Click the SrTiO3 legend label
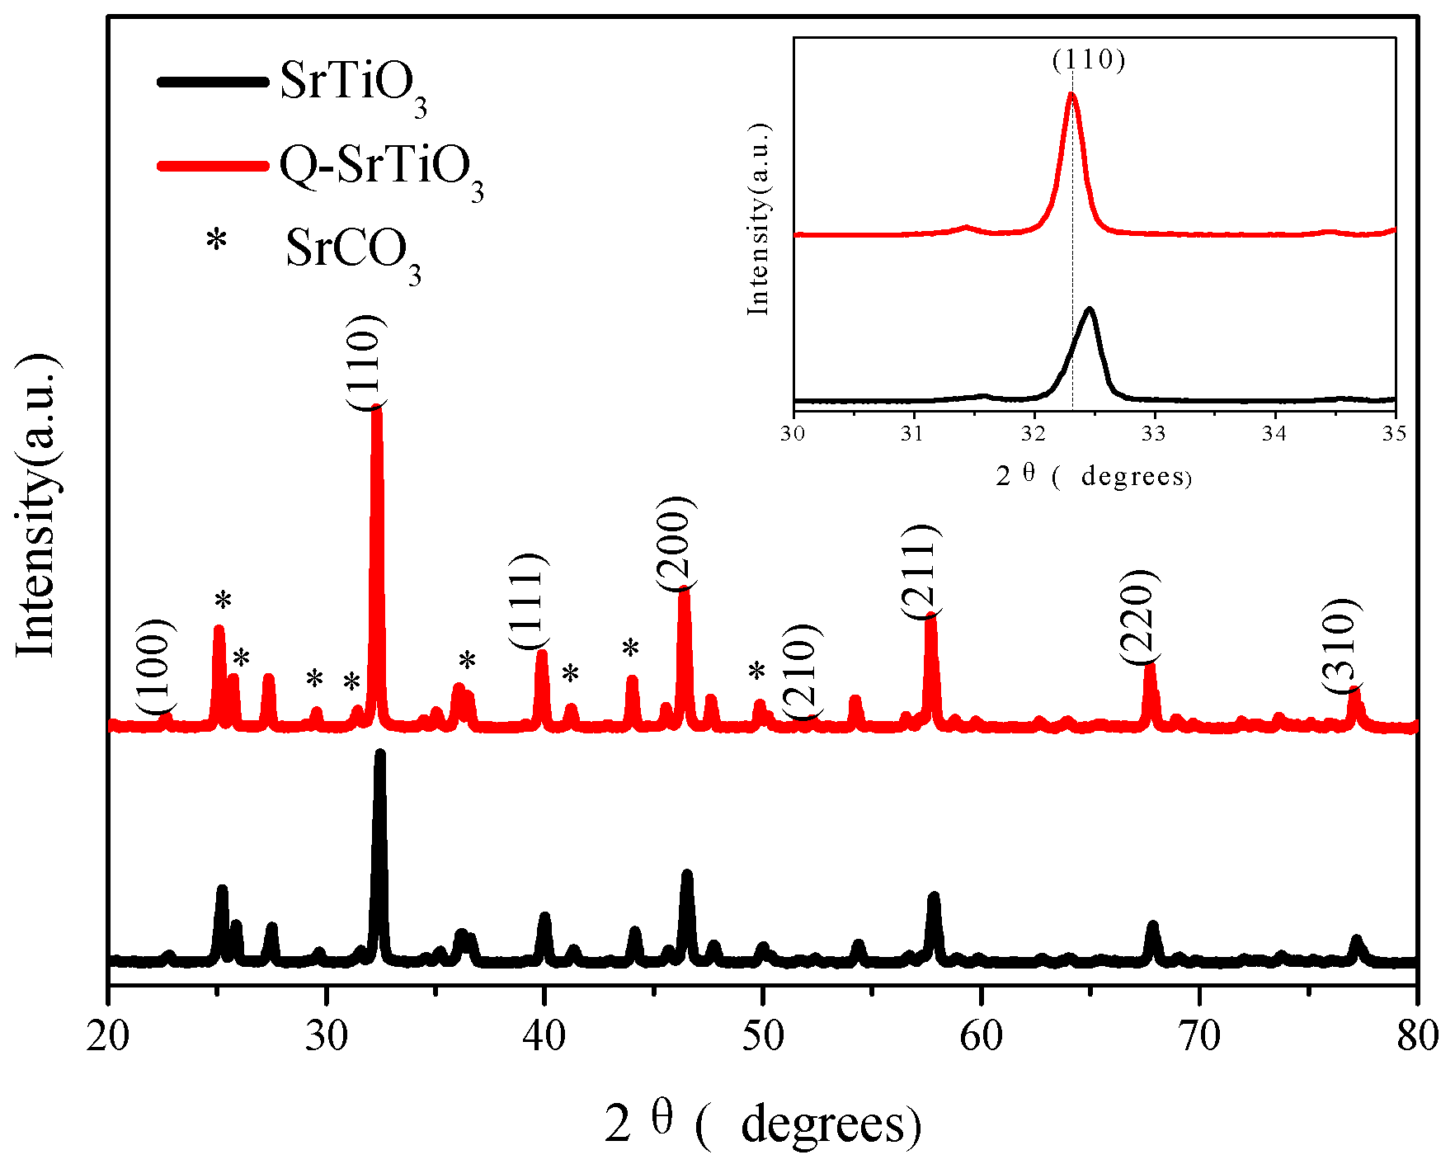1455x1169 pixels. [x=353, y=85]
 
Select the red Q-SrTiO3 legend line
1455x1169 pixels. [x=212, y=166]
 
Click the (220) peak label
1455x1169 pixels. [x=1140, y=617]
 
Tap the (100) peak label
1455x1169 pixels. [x=156, y=667]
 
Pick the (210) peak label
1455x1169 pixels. [x=802, y=672]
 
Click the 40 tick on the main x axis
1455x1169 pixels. [x=544, y=1036]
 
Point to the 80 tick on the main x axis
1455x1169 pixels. [x=1416, y=1036]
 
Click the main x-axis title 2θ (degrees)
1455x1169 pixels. [x=762, y=1124]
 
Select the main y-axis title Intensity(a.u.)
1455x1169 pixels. [x=37, y=505]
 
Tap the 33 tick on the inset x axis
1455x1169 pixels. [x=1153, y=433]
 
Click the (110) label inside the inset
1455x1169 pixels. [x=1089, y=59]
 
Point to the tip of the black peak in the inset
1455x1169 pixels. [x=1090, y=309]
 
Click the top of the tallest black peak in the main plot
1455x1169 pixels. [x=379, y=752]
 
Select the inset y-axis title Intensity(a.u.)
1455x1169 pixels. [x=759, y=219]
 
